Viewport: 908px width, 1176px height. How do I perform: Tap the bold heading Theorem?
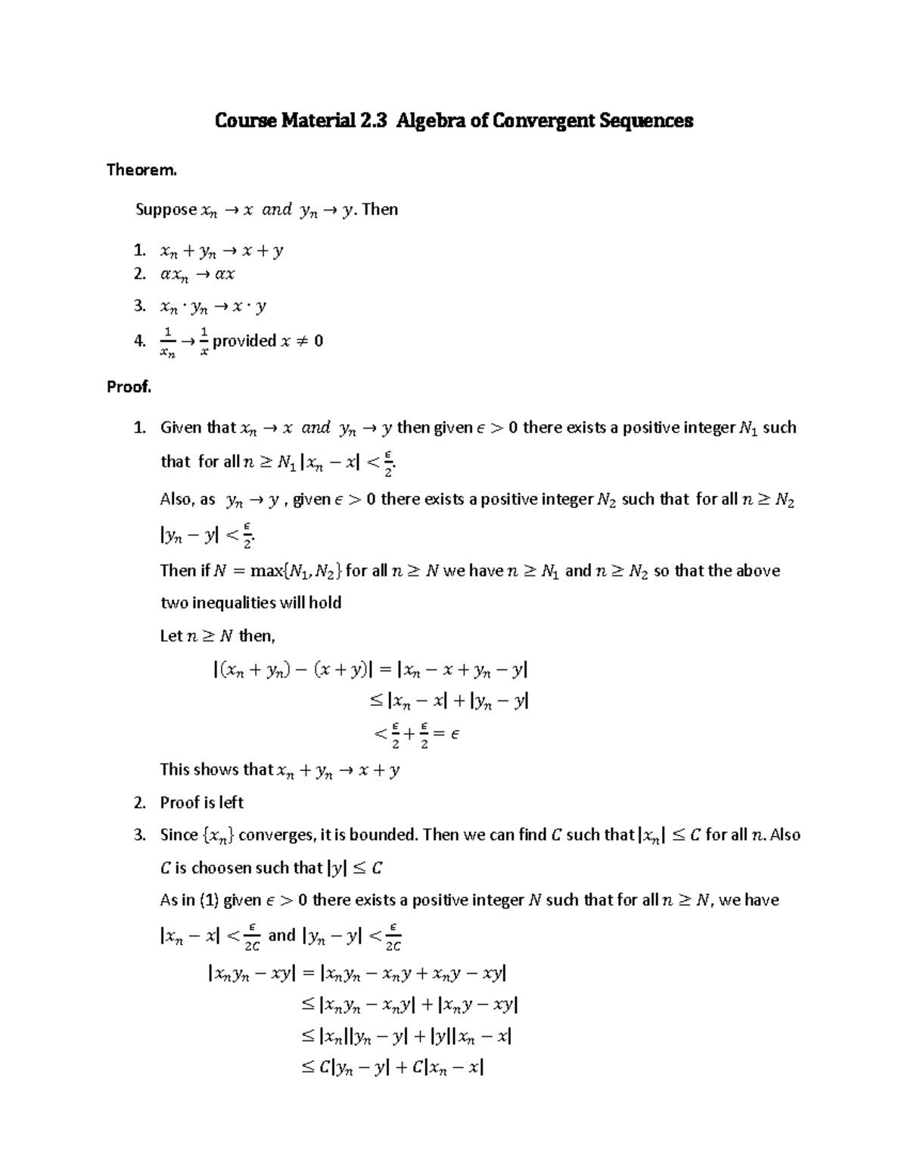point(141,170)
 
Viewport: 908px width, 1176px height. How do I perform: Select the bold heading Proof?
point(129,387)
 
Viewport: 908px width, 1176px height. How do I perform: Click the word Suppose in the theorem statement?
point(166,210)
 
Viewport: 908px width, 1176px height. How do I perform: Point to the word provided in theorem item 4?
point(244,342)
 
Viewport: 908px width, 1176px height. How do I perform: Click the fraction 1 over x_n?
point(168,342)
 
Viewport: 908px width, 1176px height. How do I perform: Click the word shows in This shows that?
point(216,770)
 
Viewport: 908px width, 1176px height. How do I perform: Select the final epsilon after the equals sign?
point(454,734)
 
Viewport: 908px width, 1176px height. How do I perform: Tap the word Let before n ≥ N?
point(171,636)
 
